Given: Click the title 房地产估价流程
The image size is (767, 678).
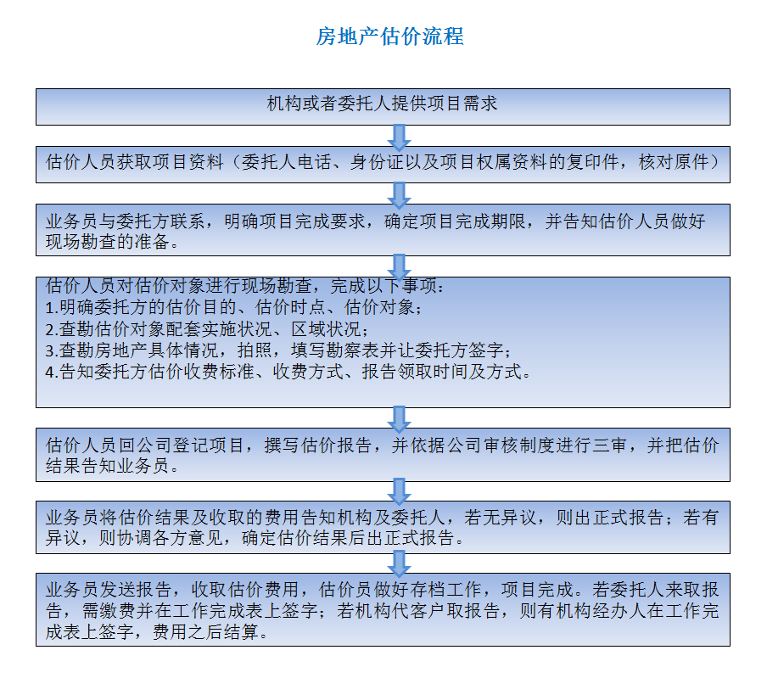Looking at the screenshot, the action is pyautogui.click(x=389, y=36).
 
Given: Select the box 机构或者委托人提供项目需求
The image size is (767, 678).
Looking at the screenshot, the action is pyautogui.click(x=383, y=107).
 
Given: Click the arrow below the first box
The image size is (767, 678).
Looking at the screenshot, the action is pyautogui.click(x=399, y=137).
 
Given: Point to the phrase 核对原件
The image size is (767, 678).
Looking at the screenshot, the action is pyautogui.click(x=674, y=162).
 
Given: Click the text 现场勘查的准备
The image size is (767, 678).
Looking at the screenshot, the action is pyautogui.click(x=108, y=242).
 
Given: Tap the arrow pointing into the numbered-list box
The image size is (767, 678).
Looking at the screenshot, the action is pyautogui.click(x=399, y=267).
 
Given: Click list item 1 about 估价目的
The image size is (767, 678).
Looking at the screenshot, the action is pyautogui.click(x=233, y=307).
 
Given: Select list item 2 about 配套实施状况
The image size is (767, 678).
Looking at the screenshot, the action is pyautogui.click(x=206, y=329).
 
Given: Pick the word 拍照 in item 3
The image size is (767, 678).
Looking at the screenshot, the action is pyautogui.click(x=255, y=350).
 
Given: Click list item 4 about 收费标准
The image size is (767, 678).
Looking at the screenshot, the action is pyautogui.click(x=288, y=372).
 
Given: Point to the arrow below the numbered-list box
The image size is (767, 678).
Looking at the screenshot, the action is pyautogui.click(x=399, y=419).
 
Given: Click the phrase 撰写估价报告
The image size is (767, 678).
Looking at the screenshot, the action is pyautogui.click(x=317, y=445).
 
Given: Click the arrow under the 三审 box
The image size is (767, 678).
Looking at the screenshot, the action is pyautogui.click(x=399, y=491).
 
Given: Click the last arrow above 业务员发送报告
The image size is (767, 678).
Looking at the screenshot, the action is pyautogui.click(x=399, y=563).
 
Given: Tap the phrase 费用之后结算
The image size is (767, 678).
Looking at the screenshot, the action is pyautogui.click(x=205, y=632).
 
